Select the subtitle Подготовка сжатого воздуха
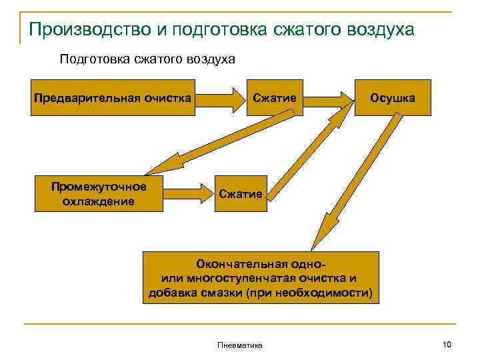click(x=147, y=59)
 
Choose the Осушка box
click(x=393, y=98)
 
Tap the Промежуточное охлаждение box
click(x=99, y=193)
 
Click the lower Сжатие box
click(x=240, y=193)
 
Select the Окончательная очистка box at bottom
click(x=261, y=277)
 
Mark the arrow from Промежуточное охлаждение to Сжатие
click(x=187, y=194)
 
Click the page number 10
click(x=447, y=344)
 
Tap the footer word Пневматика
click(x=240, y=345)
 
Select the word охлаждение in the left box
click(x=99, y=201)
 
